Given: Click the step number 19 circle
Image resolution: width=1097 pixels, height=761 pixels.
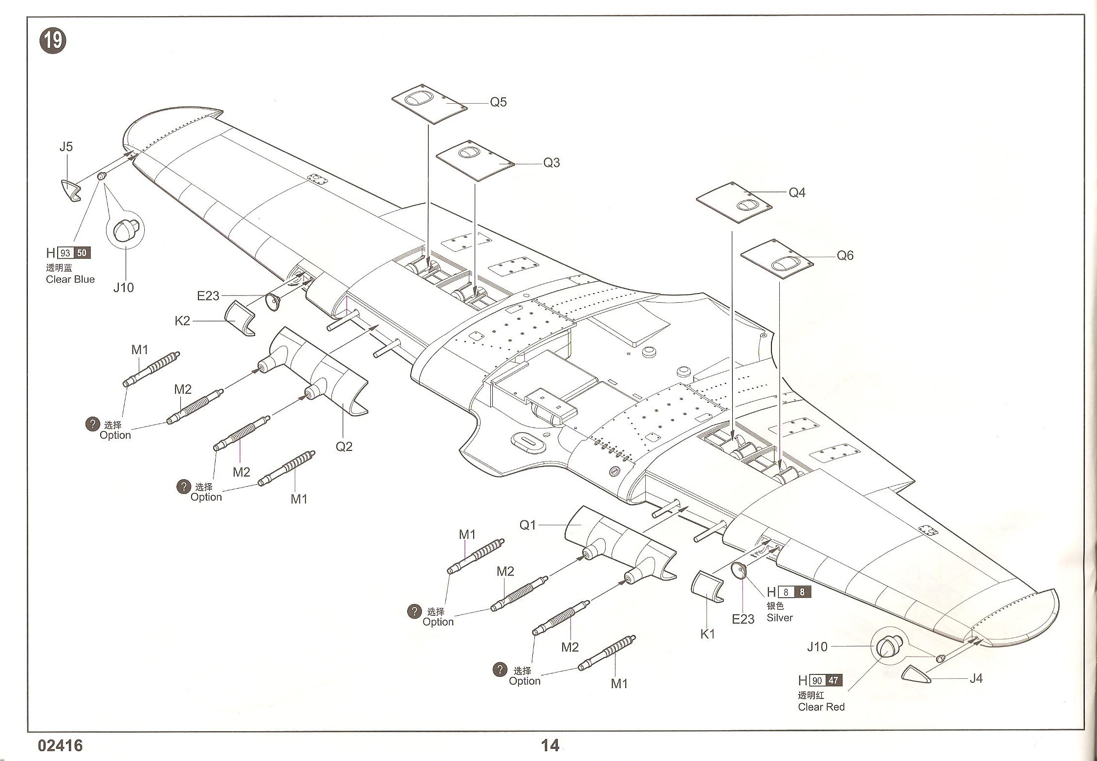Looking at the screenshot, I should pos(53,41).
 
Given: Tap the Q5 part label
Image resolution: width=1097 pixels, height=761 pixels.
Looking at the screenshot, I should pos(498,102).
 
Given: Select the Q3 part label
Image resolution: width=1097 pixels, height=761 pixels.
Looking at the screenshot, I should pos(551,163).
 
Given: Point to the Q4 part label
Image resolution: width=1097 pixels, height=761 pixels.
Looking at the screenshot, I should pos(797,193).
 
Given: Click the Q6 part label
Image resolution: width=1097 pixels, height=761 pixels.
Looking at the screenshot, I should pos(845,255).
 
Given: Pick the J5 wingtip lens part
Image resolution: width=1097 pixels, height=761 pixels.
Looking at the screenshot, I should pos(71,190).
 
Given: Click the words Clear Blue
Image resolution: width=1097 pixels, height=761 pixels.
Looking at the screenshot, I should pos(70,279).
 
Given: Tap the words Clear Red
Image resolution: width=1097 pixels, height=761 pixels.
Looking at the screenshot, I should pos(821,707).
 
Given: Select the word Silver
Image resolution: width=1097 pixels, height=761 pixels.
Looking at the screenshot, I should pos(779,618).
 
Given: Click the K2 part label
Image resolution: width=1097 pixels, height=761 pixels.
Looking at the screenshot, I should pos(182,321).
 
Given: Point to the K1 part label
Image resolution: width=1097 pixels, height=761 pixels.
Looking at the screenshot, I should pos(707,634).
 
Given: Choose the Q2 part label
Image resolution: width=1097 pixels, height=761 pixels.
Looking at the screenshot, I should pos(344,447).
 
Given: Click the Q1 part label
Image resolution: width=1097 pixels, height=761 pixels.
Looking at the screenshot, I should pos(528,525).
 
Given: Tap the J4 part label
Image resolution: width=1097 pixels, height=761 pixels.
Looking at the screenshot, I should pos(976,678).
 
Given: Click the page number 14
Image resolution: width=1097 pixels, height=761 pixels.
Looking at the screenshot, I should pos(550,745).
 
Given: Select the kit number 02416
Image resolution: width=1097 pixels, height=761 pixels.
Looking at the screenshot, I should pos(60,745).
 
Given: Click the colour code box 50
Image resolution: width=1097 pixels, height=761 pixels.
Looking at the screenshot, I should pos(82,253).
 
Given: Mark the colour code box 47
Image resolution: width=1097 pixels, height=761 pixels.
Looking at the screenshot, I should pos(833,680).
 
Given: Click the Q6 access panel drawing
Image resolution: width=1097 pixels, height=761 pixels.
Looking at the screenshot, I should pos(777,259).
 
